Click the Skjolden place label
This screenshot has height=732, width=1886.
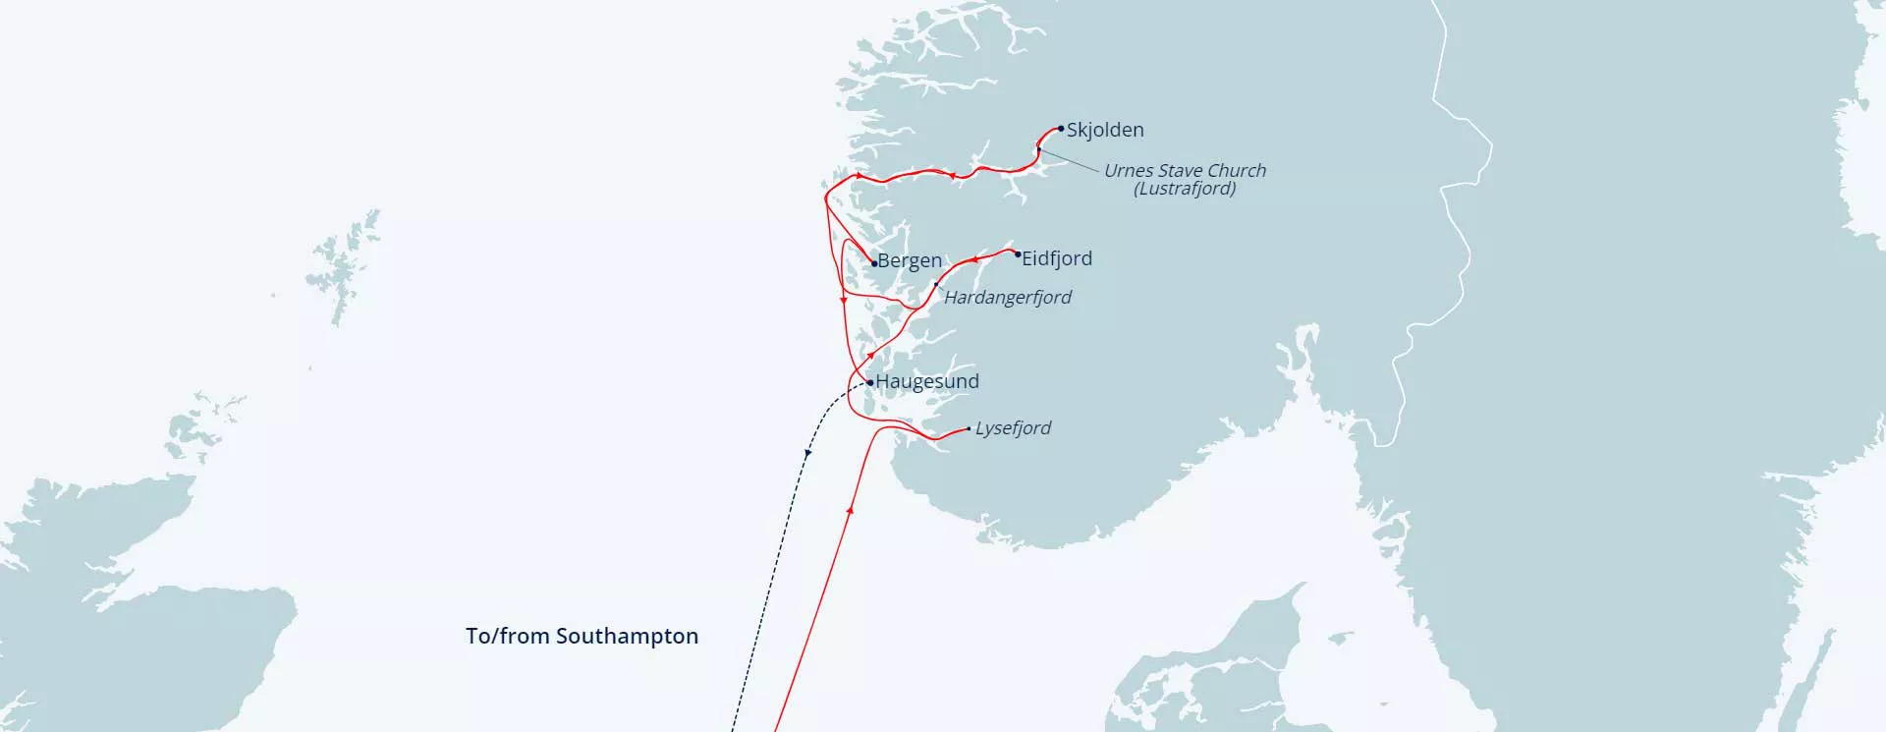coord(1105,130)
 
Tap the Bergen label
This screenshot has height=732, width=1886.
coord(910,261)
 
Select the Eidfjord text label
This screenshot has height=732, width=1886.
coord(1057,258)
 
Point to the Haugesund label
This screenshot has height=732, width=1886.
coord(927,381)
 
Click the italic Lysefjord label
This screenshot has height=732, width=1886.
coord(1013,428)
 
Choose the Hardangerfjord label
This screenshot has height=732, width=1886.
coord(1008,297)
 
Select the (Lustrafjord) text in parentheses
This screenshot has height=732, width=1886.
coord(1185,189)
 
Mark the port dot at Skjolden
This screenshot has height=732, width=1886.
coord(1061,129)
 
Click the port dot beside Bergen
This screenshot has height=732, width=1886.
coord(874,263)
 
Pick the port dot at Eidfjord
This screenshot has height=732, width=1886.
coord(1018,254)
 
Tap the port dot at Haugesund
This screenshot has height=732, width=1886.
coord(870,382)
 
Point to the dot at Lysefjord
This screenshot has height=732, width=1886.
coord(970,428)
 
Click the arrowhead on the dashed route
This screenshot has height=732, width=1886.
coord(807,453)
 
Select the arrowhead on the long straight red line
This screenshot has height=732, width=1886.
coord(850,509)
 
